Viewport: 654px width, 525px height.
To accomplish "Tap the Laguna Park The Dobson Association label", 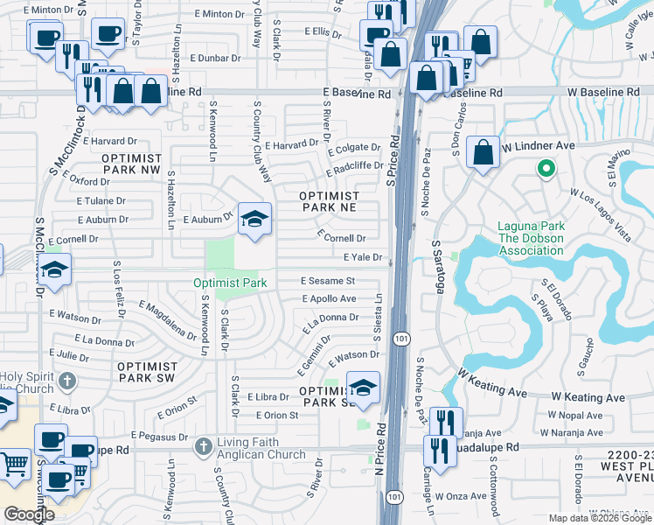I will click(x=531, y=238).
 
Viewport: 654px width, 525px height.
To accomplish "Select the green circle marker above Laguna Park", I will click(x=546, y=169).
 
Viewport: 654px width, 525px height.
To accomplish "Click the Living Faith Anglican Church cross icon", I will click(x=203, y=446).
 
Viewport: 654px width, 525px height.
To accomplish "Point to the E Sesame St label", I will click(x=328, y=281).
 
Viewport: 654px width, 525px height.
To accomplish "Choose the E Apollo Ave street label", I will click(x=328, y=298).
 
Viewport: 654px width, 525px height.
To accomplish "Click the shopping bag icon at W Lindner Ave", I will click(x=484, y=152).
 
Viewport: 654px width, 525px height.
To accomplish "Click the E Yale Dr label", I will click(x=363, y=257).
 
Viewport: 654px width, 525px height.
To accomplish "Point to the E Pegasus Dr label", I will click(x=160, y=435).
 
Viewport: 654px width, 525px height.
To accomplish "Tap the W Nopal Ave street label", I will click(x=571, y=416).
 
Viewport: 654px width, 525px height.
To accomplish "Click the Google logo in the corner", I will click(x=28, y=514).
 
